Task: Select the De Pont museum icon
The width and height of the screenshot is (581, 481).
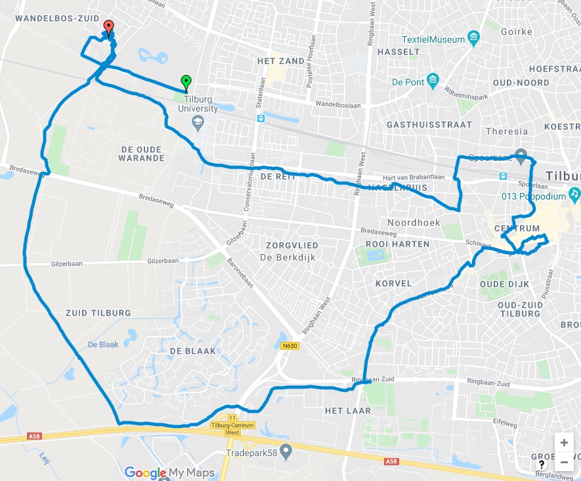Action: [x=433, y=81]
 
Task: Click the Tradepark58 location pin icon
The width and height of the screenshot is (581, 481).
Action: [x=286, y=451]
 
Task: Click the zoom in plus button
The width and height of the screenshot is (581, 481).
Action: [x=564, y=442]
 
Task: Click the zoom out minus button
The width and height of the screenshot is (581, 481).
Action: [x=564, y=462]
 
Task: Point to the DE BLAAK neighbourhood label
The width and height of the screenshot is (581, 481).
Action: [x=192, y=351]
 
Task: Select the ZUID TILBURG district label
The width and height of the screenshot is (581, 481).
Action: [x=98, y=312]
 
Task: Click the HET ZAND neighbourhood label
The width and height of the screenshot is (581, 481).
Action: [x=281, y=61]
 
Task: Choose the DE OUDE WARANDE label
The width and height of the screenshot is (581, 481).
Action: [x=142, y=154]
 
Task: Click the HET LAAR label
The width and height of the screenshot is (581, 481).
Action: [x=348, y=411]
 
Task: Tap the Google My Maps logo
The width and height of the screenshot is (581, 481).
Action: [x=169, y=472]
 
